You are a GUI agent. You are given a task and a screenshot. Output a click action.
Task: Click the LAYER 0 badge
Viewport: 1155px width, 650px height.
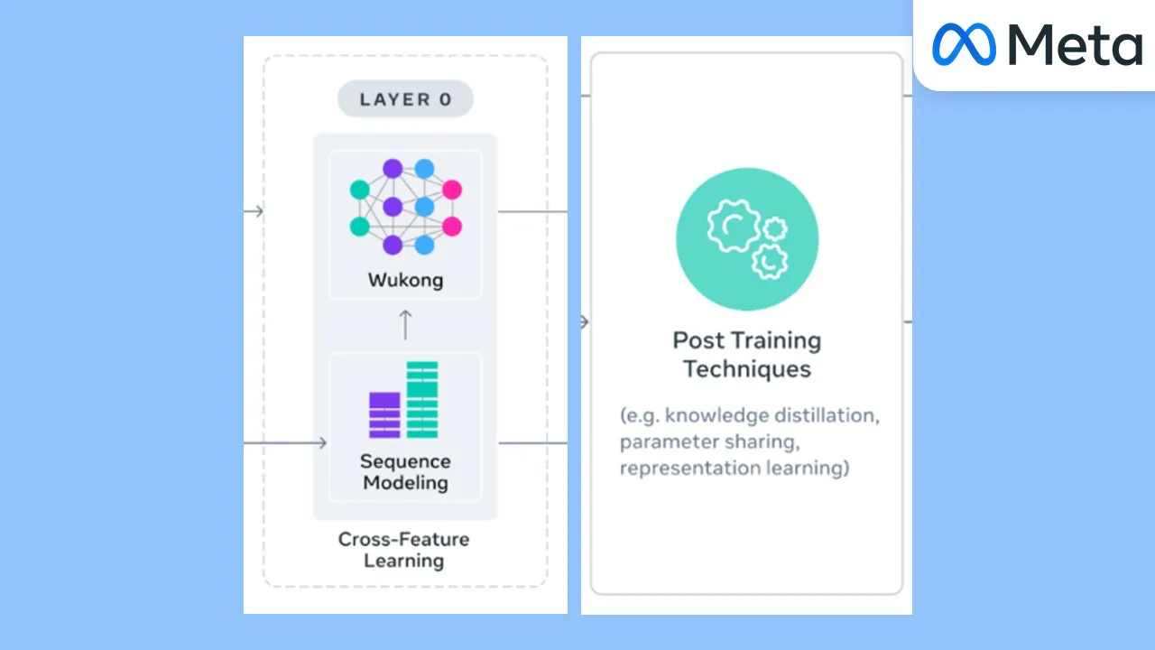[x=405, y=99]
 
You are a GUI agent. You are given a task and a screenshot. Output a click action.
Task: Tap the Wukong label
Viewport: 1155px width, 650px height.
[x=405, y=280]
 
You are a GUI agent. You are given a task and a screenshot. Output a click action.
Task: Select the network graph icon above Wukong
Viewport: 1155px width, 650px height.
[x=405, y=206]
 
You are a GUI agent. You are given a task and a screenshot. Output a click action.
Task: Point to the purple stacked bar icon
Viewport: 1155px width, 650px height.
[x=384, y=414]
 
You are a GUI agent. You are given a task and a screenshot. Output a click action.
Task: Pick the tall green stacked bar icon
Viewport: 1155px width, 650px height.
[x=422, y=399]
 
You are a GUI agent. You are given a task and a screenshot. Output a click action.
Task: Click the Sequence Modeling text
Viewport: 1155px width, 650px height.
[x=405, y=471]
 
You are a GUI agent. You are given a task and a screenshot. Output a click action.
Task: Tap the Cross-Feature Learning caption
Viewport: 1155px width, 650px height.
[x=403, y=550]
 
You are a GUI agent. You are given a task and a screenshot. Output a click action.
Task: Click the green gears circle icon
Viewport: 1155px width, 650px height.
[x=747, y=239]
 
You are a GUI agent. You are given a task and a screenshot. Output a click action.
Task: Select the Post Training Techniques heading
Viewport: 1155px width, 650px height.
[x=747, y=355]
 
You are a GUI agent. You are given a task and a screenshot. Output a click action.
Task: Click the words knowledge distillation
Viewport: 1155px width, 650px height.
[x=772, y=417]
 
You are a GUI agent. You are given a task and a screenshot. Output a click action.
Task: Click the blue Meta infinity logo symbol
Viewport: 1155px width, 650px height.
[x=964, y=44]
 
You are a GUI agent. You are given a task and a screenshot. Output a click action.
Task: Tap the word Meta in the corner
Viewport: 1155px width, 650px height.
[x=1075, y=44]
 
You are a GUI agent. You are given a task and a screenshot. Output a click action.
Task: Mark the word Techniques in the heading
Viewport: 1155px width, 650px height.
[x=747, y=369]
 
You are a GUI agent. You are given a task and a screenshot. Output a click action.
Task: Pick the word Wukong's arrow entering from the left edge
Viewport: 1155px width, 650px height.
[x=254, y=211]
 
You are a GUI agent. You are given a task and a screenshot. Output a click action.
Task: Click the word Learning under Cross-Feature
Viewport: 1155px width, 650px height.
[x=403, y=561]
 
